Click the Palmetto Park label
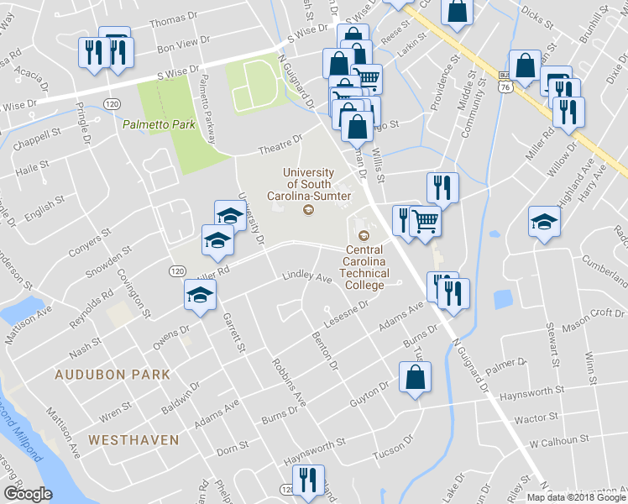[x=158, y=124]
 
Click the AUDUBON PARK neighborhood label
[x=113, y=375]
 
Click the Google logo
[x=29, y=494]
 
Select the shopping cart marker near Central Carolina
[x=426, y=220]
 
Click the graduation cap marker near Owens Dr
[x=200, y=294]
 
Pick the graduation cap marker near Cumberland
[x=543, y=222]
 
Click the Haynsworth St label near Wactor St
[x=531, y=392]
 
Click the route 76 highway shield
[x=505, y=87]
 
